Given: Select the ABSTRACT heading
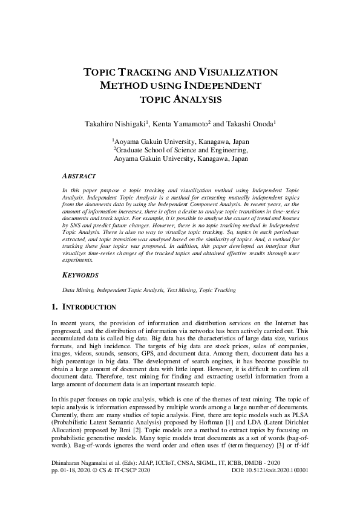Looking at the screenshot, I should pyautogui.click(x=79, y=176).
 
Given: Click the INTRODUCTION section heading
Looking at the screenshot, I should pyautogui.click(x=90, y=308).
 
